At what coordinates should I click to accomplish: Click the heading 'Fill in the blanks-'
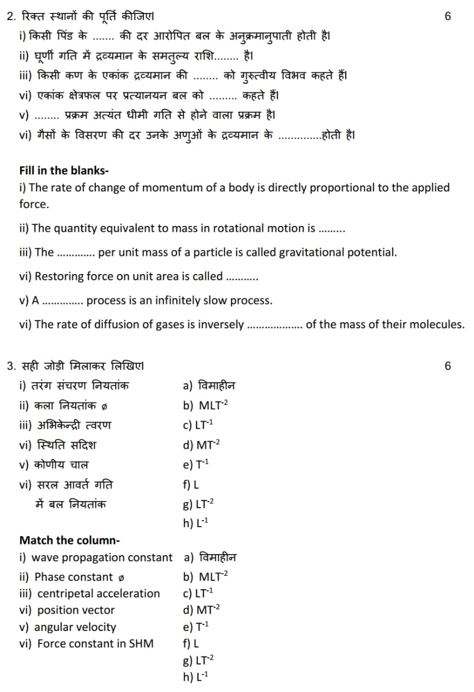click(64, 171)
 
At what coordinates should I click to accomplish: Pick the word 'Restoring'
click(58, 276)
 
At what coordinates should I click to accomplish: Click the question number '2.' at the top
click(11, 16)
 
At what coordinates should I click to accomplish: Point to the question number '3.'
click(11, 366)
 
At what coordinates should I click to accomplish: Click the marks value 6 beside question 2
click(447, 16)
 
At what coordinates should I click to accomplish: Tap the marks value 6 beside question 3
click(447, 366)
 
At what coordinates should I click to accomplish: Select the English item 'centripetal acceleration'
click(98, 594)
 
